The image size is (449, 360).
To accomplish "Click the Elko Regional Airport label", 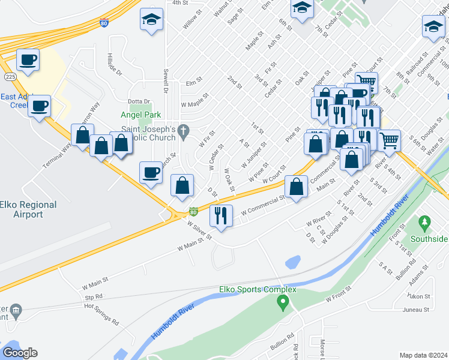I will coord(29,209).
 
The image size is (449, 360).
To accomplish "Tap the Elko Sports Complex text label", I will coord(258,290).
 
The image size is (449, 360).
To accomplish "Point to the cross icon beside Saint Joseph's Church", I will coord(185,129).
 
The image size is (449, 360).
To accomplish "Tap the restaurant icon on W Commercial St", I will coord(221,215).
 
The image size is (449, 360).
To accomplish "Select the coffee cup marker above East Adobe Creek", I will coord(28,60).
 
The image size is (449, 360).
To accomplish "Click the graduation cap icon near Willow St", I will coord(151,20).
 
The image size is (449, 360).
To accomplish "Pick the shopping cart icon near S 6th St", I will coord(390,140).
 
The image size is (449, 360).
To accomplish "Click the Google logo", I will coord(20,353).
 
